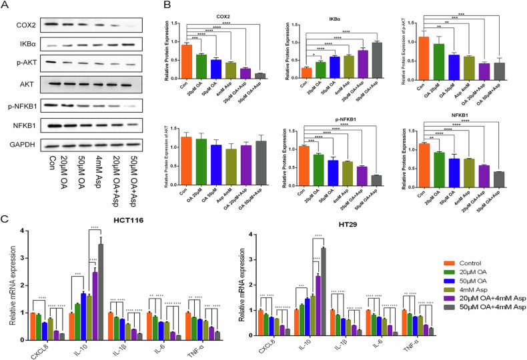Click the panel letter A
click(x=6, y=5)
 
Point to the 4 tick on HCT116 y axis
click(x=22, y=231)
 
